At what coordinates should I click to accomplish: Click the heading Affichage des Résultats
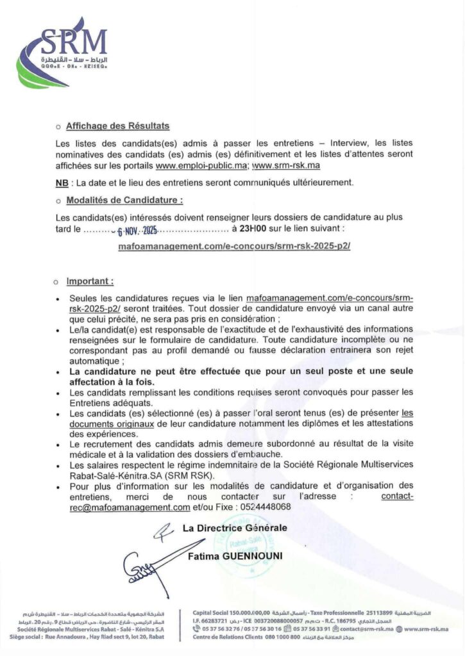[x=118, y=126]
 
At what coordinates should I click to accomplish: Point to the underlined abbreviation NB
[x=62, y=183]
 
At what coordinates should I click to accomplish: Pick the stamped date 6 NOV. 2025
[x=137, y=229]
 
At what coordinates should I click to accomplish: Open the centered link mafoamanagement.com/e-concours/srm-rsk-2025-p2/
[x=234, y=245]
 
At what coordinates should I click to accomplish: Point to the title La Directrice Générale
[x=235, y=528]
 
